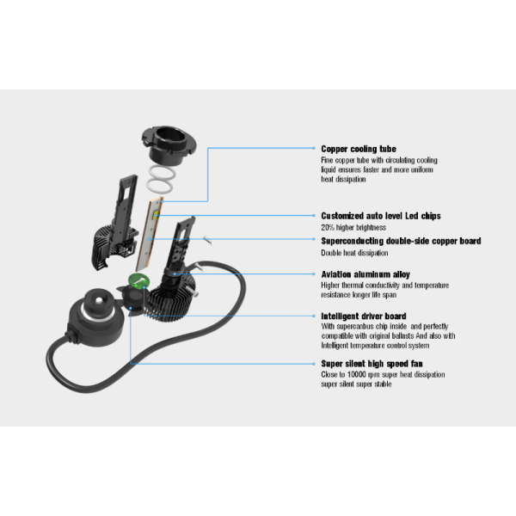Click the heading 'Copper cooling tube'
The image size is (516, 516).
[x=359, y=149]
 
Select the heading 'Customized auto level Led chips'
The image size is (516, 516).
[x=381, y=216]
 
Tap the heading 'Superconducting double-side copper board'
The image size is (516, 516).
[x=401, y=241]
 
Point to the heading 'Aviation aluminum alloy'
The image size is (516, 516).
[x=365, y=274]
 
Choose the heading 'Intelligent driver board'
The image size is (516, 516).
[x=364, y=316]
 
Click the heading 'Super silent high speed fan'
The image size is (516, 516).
[x=372, y=364]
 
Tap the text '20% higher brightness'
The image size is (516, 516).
[x=353, y=227]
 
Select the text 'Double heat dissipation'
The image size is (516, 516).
[x=354, y=253]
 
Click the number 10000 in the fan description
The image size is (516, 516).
[x=356, y=374]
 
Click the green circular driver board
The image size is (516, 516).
[x=138, y=280]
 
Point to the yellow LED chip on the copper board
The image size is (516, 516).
[x=156, y=216]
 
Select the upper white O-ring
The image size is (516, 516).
[x=162, y=173]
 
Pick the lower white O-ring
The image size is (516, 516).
[x=159, y=187]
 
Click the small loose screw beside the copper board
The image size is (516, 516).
[x=208, y=241]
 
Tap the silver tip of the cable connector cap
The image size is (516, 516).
[x=99, y=300]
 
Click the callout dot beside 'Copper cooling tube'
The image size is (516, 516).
[x=314, y=148]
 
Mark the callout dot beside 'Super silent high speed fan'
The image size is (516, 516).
[x=314, y=364]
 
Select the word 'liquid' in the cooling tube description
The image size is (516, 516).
[x=329, y=169]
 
